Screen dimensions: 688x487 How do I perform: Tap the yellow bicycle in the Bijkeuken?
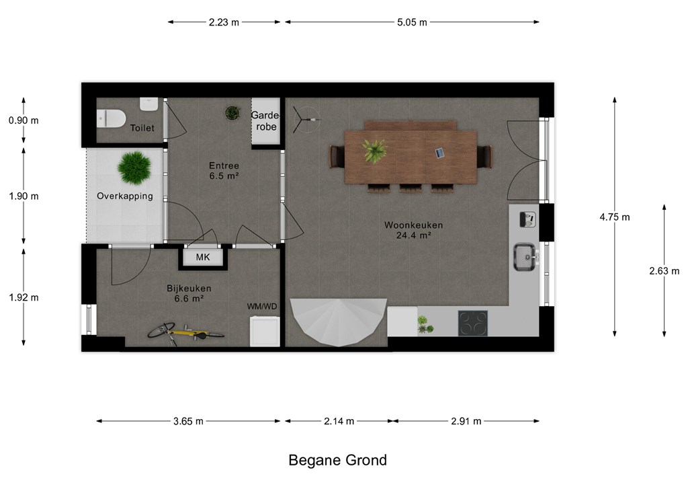coord(185,334)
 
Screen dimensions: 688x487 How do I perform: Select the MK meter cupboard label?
coord(203,258)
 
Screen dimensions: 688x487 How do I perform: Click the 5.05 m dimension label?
coord(412,22)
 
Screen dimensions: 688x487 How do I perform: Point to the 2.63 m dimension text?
coord(664,271)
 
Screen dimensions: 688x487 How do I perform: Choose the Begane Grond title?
coord(338,460)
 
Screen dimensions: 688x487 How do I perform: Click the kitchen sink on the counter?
coord(525,258)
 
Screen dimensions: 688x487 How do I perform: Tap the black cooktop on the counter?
coord(472,323)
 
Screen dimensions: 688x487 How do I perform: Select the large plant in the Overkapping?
coord(134,167)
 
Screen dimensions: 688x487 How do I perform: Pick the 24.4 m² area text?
coord(413,235)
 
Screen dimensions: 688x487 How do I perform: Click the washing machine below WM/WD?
coord(265,332)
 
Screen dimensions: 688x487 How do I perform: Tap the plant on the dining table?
coord(374,150)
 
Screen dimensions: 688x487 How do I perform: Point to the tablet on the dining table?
coord(439,153)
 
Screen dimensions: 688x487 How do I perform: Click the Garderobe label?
coord(266,121)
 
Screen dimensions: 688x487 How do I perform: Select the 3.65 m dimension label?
coord(188,422)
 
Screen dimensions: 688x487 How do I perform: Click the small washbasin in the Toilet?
coord(148,104)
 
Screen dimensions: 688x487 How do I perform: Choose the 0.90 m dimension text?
coord(24,120)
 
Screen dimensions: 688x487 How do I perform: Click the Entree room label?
coord(224,166)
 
